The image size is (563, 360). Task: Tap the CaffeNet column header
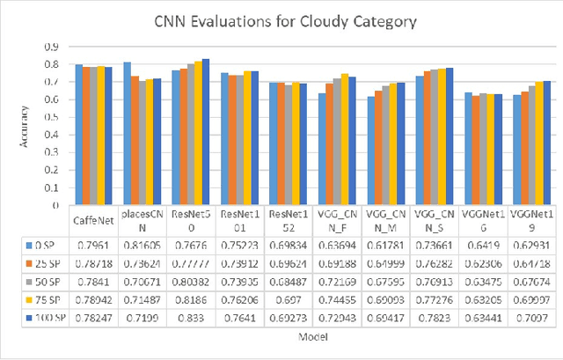tap(93, 214)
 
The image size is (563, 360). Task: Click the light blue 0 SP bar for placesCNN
tap(127, 134)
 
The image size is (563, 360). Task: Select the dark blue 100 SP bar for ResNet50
tap(206, 132)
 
